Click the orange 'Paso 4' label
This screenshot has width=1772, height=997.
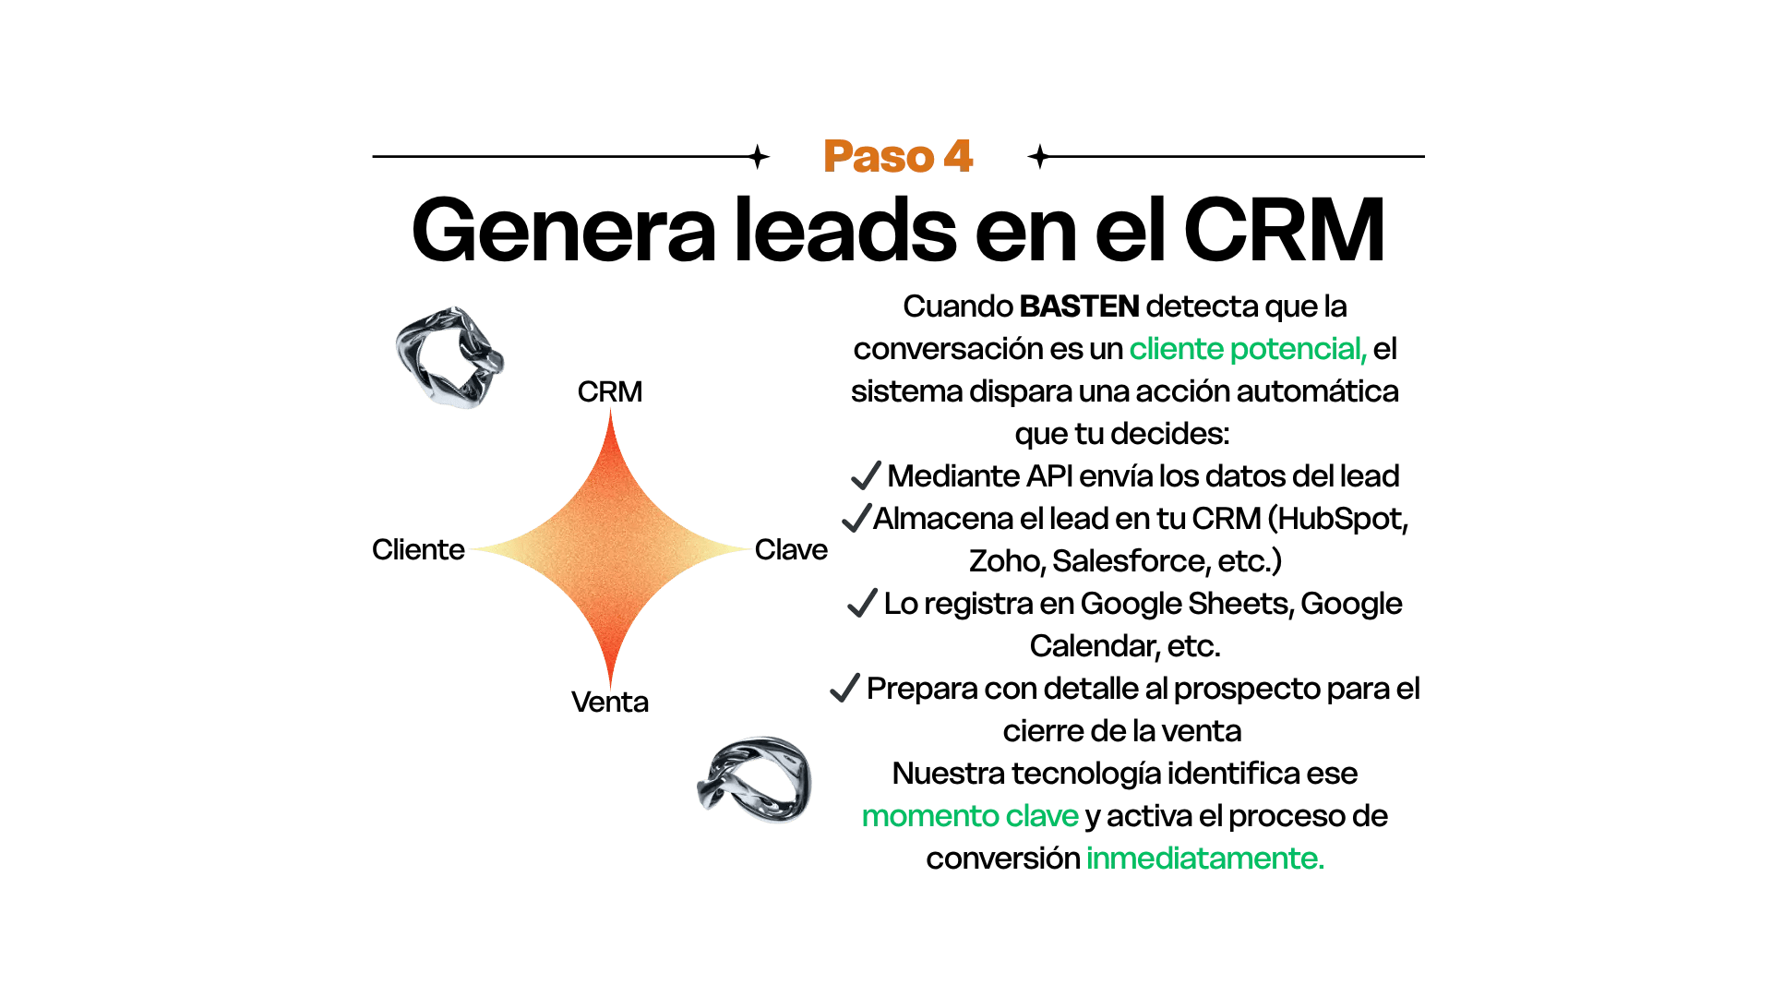(x=898, y=157)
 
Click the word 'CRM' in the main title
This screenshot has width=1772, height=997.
(x=1284, y=230)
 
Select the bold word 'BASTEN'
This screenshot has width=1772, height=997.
(x=1079, y=306)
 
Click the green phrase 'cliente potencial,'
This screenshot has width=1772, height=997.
(x=1247, y=349)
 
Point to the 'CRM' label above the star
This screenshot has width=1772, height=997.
(x=609, y=391)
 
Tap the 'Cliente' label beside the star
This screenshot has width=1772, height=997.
(x=418, y=549)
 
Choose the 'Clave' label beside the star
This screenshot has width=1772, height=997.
(x=791, y=549)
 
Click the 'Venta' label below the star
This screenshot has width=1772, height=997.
(x=609, y=703)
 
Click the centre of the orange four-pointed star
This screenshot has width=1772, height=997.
(x=610, y=549)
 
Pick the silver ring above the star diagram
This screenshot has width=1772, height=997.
(x=449, y=357)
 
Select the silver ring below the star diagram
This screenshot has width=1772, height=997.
(x=755, y=780)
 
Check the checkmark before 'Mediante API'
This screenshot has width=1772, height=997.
(x=866, y=475)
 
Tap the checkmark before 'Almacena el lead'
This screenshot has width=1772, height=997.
(x=856, y=518)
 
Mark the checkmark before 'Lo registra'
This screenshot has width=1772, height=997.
(x=861, y=604)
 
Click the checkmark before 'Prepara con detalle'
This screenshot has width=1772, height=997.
(x=844, y=689)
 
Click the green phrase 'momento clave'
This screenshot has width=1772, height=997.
(x=970, y=816)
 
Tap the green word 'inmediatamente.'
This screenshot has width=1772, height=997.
(x=1204, y=859)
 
